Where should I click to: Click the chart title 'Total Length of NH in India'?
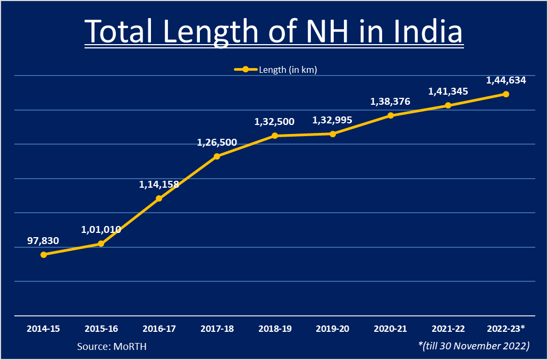click(274, 31)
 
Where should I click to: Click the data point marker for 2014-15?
click(44, 255)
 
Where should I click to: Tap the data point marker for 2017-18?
click(217, 156)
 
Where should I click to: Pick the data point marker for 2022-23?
click(506, 94)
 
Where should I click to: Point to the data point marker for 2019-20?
click(333, 134)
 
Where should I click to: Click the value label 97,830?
click(43, 241)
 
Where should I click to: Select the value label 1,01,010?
click(101, 230)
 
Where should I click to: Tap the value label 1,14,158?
click(159, 185)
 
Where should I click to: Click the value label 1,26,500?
click(217, 143)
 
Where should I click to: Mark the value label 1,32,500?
click(274, 122)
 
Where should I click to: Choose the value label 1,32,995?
click(332, 120)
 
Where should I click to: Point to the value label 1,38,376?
click(390, 101)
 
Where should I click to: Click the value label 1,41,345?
click(448, 91)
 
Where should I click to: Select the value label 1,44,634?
click(506, 80)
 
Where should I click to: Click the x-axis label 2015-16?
click(101, 329)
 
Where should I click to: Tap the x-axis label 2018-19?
click(275, 329)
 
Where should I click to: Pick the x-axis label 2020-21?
click(391, 329)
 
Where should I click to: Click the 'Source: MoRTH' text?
click(112, 346)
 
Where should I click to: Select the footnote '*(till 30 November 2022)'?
click(474, 346)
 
